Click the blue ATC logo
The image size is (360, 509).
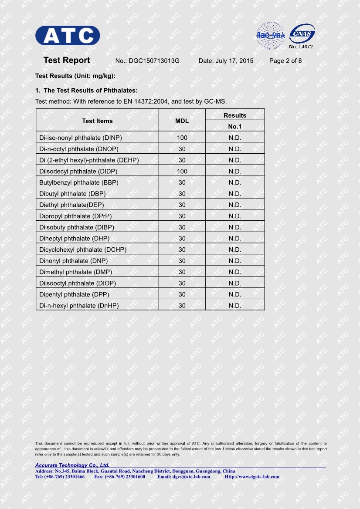(68, 35)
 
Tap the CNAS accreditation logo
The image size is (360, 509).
(302, 34)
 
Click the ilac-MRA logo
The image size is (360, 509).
(270, 35)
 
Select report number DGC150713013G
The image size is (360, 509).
(154, 61)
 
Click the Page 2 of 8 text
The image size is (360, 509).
(285, 61)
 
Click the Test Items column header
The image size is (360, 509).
(97, 121)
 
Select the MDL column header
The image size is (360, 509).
(182, 121)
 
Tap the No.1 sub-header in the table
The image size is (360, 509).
(234, 127)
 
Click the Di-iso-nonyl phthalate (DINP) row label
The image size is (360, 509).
(81, 138)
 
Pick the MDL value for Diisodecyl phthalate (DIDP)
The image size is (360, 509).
(182, 171)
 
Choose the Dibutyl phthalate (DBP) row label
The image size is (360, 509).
(72, 194)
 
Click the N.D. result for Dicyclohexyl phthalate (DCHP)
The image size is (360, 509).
(234, 249)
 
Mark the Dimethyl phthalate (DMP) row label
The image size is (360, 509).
(75, 272)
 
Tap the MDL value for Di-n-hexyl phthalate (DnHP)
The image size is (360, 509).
(182, 306)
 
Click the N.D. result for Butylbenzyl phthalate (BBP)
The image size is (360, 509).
(234, 182)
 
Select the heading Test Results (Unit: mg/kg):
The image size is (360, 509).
(75, 76)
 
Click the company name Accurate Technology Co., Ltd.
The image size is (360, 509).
(72, 465)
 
